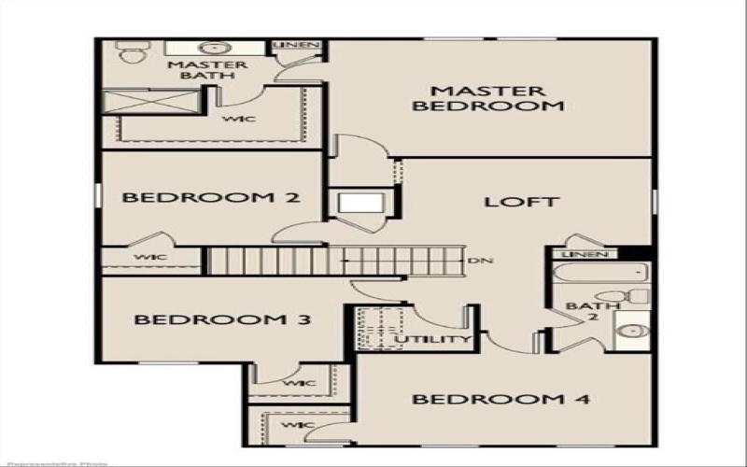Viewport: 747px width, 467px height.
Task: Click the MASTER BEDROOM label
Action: pyautogui.click(x=488, y=98)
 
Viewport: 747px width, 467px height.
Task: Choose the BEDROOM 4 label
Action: pyautogui.click(x=500, y=400)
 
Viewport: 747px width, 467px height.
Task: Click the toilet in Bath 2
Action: pyautogui.click(x=637, y=297)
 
